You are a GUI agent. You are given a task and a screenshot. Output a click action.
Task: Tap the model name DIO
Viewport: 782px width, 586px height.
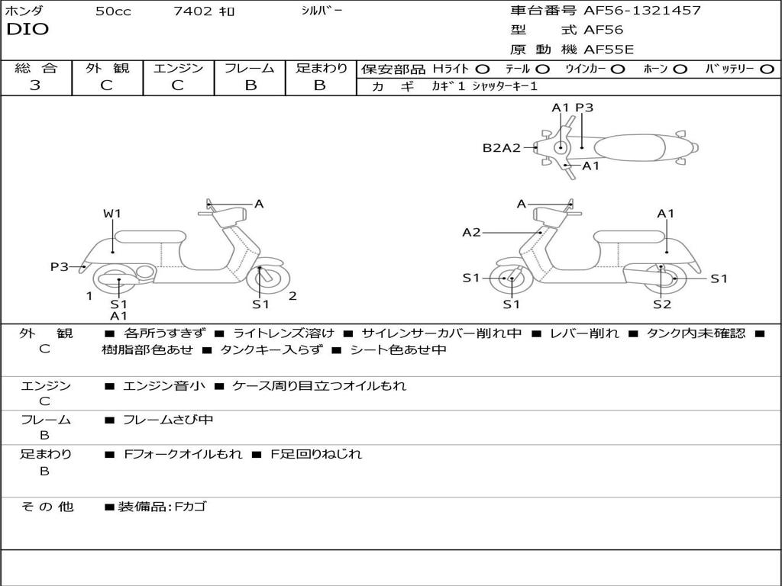tap(27, 30)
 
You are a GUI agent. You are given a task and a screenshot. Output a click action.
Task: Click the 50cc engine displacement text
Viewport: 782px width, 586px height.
tap(113, 11)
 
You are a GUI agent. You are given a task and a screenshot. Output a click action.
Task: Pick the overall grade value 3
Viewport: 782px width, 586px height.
tap(35, 85)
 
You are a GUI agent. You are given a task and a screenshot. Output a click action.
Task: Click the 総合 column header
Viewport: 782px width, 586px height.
tap(35, 68)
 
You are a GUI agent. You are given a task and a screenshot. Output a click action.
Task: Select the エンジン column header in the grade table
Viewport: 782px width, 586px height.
tap(178, 68)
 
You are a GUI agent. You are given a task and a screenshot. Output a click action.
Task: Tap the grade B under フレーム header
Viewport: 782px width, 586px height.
tap(250, 85)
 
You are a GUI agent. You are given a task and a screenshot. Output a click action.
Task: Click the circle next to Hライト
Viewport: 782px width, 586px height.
tap(482, 69)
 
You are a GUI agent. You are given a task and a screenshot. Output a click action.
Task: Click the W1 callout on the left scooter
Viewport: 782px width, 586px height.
tap(112, 214)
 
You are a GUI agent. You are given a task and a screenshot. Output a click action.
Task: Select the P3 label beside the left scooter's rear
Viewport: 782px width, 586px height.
tap(60, 266)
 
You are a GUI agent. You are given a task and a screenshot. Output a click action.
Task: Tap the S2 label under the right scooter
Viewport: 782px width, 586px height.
tap(661, 304)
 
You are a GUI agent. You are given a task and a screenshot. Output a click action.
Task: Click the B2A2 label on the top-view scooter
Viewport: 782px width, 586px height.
tap(501, 148)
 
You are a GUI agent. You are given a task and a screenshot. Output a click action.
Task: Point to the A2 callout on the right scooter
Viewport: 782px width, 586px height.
tap(471, 232)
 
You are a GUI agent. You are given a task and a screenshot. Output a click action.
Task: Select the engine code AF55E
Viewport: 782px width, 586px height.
tap(613, 50)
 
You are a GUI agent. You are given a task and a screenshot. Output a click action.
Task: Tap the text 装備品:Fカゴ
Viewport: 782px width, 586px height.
tap(161, 506)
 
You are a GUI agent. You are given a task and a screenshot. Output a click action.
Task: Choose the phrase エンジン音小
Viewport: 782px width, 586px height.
tap(163, 386)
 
